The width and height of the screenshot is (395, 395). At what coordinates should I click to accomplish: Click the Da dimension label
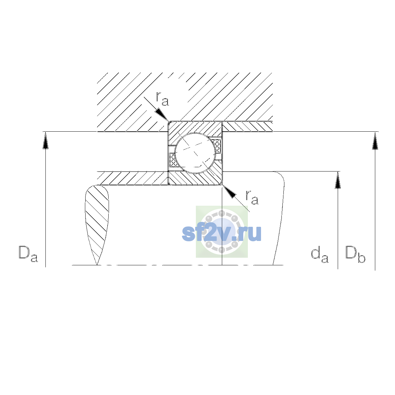pos(28,254)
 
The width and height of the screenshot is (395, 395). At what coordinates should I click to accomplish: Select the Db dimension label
pos(355,254)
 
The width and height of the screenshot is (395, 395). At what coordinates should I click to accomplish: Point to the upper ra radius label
pos(163,99)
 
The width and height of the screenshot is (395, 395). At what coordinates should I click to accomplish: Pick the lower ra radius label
pos(252,197)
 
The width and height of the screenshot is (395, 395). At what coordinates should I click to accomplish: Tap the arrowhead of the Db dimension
pos(375,141)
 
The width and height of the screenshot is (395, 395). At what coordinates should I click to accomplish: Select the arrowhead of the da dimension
pos(338,180)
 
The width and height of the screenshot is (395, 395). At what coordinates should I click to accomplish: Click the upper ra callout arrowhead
pos(162,115)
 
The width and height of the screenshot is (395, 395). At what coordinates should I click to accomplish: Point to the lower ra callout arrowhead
pos(229,192)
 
